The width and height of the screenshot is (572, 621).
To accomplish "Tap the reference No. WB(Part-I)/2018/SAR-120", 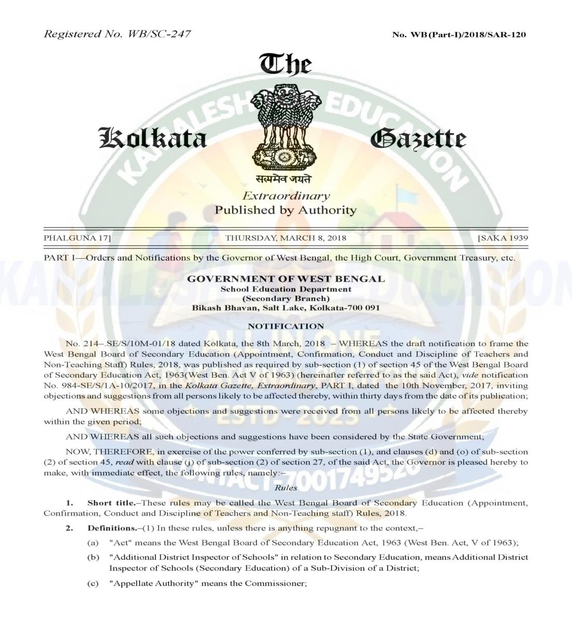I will coord(460,35).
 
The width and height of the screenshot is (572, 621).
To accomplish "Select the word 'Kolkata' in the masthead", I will coord(153,139).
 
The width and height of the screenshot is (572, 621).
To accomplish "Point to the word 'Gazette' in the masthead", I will coord(418,139).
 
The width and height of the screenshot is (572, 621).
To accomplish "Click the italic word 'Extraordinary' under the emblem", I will coord(286,196).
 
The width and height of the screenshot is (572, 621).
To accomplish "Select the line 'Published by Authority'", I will coord(286,210).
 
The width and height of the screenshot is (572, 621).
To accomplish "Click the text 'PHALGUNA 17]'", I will coord(77,239).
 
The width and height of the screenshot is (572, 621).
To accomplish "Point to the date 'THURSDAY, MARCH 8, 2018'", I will coord(286,239).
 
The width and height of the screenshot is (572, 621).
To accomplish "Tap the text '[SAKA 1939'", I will coord(502,239).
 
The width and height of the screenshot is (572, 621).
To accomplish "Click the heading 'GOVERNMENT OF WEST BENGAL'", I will coord(286,279).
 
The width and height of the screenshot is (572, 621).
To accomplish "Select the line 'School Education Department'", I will coord(286,289).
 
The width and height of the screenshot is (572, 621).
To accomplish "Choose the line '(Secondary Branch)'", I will coord(286,298).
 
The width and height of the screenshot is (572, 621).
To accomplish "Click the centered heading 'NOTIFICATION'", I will coord(286,326).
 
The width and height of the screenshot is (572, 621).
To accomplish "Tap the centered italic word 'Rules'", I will coord(286,488).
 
